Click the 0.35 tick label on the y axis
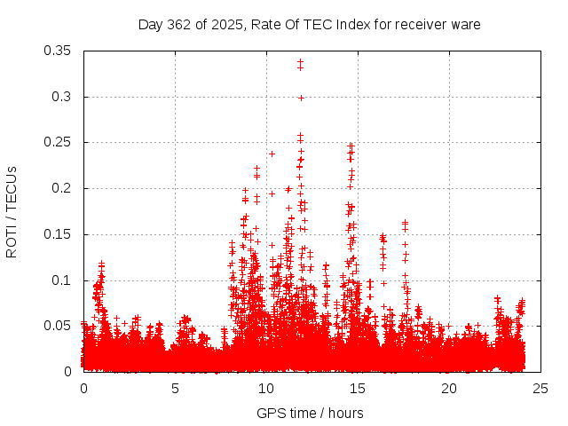(59, 51)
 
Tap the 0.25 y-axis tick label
(59, 142)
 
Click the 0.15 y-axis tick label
(59, 234)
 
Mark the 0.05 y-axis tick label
(59, 326)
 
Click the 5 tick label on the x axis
(175, 389)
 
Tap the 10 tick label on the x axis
(266, 389)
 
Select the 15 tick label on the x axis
(358, 389)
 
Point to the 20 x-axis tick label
(449, 389)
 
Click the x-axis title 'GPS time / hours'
(310, 413)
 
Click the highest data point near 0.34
(301, 61)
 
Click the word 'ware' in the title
(465, 24)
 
